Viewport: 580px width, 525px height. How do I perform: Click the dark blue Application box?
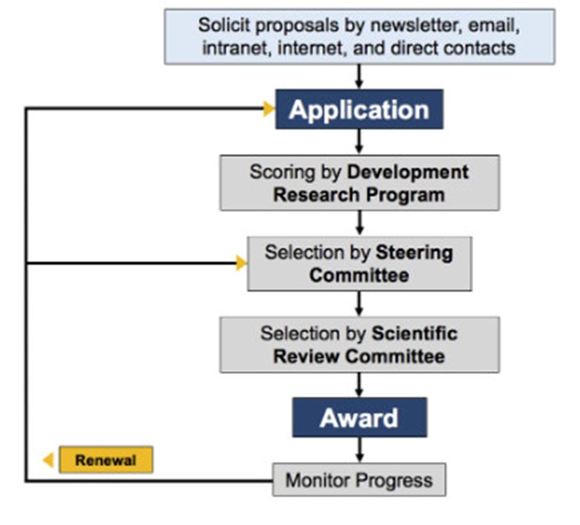359,109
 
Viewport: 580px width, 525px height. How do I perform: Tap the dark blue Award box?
359,417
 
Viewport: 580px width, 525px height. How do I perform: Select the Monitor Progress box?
359,480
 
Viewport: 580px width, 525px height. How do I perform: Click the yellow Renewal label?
105,460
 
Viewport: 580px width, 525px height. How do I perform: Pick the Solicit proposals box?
359,36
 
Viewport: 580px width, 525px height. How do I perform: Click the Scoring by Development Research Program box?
359,183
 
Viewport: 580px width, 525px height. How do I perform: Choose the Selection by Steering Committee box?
359,264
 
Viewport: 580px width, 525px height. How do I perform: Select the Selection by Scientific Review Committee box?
359,344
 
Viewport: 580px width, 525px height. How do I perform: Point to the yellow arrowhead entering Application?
268,109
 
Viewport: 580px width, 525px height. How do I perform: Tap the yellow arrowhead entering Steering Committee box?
241,263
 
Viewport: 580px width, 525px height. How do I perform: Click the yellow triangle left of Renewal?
48,460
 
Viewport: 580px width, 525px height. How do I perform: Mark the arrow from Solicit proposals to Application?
359,77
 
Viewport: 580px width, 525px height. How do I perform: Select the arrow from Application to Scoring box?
359,142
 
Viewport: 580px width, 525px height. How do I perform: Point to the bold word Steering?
414,252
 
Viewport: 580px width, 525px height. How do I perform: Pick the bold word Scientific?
414,333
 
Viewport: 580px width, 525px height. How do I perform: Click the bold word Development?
408,172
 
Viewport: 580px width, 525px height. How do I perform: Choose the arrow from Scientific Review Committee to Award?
359,384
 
